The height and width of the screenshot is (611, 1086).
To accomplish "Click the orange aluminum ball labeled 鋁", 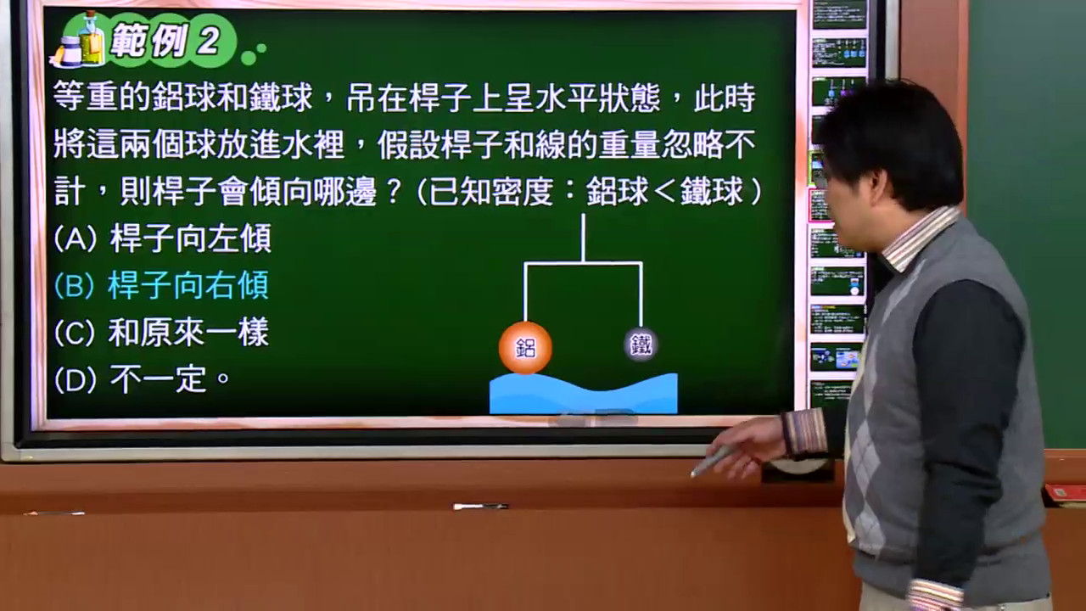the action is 525,348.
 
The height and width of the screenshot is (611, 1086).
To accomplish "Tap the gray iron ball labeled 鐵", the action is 641,345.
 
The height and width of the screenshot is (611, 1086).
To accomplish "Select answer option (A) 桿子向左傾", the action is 163,238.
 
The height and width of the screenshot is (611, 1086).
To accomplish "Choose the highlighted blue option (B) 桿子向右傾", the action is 162,285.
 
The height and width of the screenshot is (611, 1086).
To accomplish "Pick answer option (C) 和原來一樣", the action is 162,332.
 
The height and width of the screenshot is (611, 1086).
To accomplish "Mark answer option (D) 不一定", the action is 143,379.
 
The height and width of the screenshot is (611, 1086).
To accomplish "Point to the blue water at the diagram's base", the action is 583,394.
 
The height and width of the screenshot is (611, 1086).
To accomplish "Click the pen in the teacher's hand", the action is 714,461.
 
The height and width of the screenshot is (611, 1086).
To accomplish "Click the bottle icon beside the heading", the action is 91,39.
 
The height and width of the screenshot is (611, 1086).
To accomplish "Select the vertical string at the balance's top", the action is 583,238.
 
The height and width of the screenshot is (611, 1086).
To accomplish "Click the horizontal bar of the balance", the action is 584,264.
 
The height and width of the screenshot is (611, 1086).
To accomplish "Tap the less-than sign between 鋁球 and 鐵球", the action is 663,192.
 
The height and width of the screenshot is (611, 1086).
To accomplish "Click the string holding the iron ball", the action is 641,297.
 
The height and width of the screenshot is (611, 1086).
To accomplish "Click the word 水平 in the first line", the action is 566,98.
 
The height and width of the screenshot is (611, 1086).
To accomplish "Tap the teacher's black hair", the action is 897,136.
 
